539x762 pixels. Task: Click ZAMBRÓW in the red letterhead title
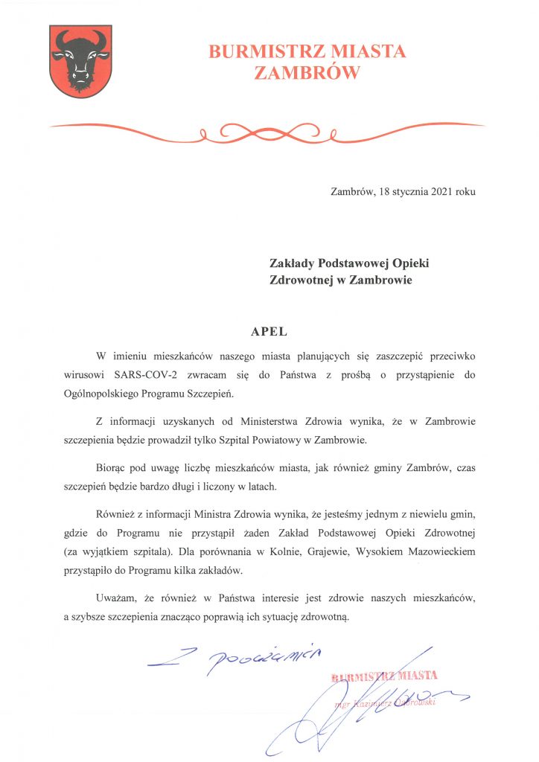[307, 72]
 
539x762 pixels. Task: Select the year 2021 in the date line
[435, 191]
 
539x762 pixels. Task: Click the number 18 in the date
[384, 191]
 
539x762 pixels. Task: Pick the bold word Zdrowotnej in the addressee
[302, 280]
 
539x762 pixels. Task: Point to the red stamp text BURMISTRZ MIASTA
[385, 676]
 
